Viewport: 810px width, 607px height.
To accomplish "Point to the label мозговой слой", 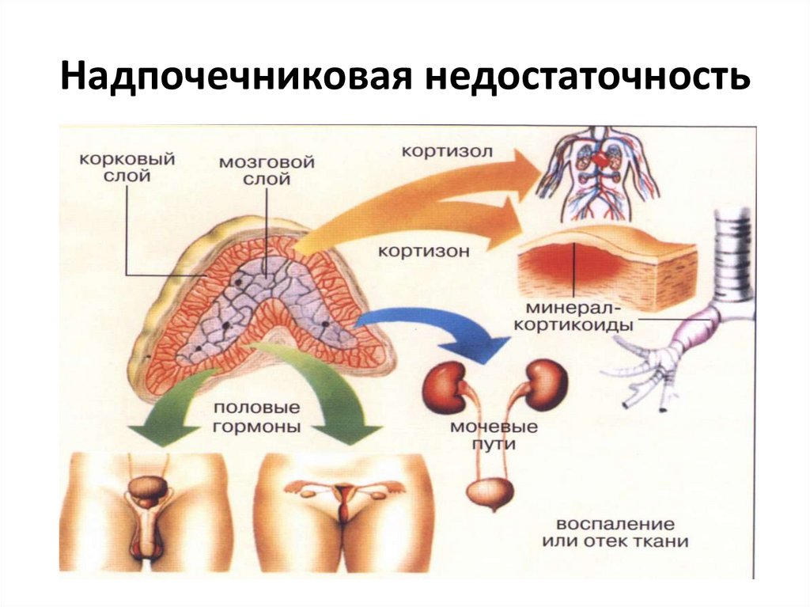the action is tap(267, 170).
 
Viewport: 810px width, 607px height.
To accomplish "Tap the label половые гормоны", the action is tap(256, 417).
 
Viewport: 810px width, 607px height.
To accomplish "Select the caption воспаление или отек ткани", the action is tap(615, 533).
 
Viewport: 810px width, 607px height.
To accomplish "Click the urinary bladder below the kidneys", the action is tap(490, 491).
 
